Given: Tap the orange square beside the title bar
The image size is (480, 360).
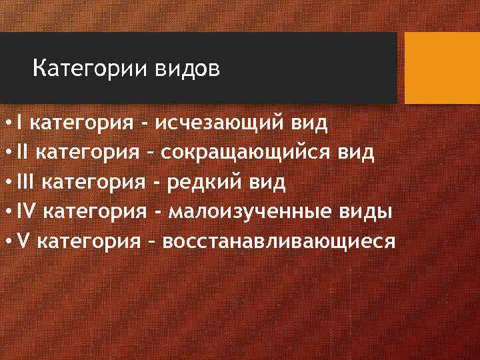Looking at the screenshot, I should point(442,68).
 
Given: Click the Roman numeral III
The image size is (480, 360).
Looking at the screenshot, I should point(30,181).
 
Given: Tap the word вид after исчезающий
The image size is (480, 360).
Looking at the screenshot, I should point(309,123).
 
